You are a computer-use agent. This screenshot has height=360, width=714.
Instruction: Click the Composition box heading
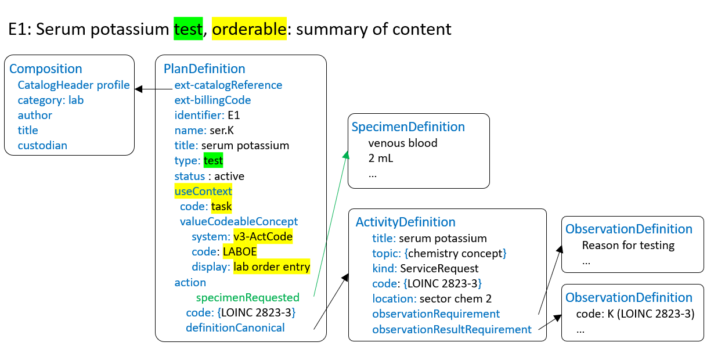pyautogui.click(x=46, y=70)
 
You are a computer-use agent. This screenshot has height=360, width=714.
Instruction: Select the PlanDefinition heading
pyautogui.click(x=205, y=70)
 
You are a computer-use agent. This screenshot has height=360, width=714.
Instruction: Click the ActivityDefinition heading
pyautogui.click(x=406, y=222)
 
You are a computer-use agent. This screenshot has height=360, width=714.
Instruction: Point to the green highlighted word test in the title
pyautogui.click(x=187, y=28)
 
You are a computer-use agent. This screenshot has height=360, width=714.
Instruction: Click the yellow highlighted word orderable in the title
pyautogui.click(x=250, y=28)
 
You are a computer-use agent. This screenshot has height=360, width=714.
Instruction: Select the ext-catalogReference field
pyautogui.click(x=228, y=85)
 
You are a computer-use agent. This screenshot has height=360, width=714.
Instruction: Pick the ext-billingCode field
pyautogui.click(x=212, y=100)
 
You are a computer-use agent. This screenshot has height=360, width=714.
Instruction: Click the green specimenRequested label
pyautogui.click(x=248, y=297)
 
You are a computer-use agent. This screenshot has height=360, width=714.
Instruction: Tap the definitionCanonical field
pyautogui.click(x=235, y=328)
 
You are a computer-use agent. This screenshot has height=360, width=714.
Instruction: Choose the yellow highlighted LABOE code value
pyautogui.click(x=240, y=252)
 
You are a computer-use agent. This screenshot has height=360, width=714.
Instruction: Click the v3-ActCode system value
pyautogui.click(x=263, y=237)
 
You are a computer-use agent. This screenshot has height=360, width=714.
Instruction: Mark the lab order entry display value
pyautogui.click(x=272, y=267)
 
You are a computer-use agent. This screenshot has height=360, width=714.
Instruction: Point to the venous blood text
pyautogui.click(x=403, y=143)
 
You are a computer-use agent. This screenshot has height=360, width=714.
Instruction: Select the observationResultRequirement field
pyautogui.click(x=452, y=330)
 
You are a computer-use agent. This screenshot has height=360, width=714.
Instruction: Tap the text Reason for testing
pyautogui.click(x=628, y=245)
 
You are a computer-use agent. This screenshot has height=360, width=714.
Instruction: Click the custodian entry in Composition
pyautogui.click(x=42, y=146)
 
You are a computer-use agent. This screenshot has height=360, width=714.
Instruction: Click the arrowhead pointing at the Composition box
pyautogui.click(x=139, y=89)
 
